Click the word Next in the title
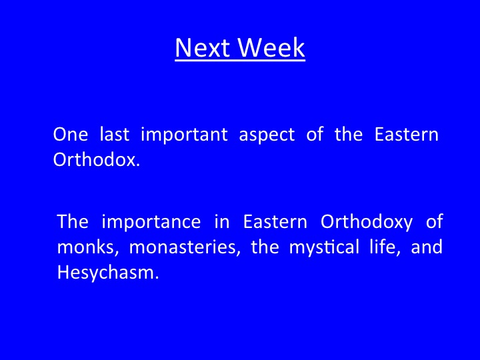coord(203,47)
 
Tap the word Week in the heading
coord(271,47)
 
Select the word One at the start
coord(71,134)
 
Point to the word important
coord(184,135)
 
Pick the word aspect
coord(267,135)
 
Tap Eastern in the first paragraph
coord(407,134)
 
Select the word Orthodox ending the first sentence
coord(97,159)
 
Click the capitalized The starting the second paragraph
coord(73,221)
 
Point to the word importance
coord(151,222)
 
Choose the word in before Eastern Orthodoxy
coord(222,221)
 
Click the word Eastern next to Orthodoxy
coord(275,221)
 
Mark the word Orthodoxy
coord(367,222)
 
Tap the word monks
coord(88,247)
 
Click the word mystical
coord(324,247)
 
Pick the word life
coord(385,247)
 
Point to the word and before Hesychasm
coord(427,247)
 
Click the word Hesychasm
coord(108,273)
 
